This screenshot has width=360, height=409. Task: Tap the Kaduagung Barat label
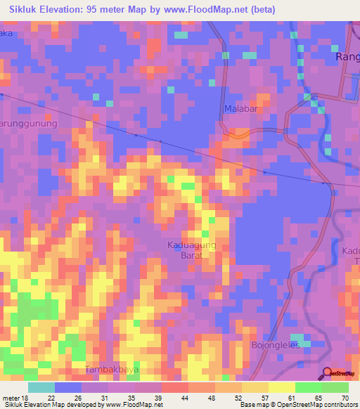pyautogui.click(x=186, y=250)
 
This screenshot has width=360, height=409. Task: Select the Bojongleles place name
pyautogui.click(x=276, y=345)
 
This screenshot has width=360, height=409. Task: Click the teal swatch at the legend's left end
pyautogui.click(x=41, y=387)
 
